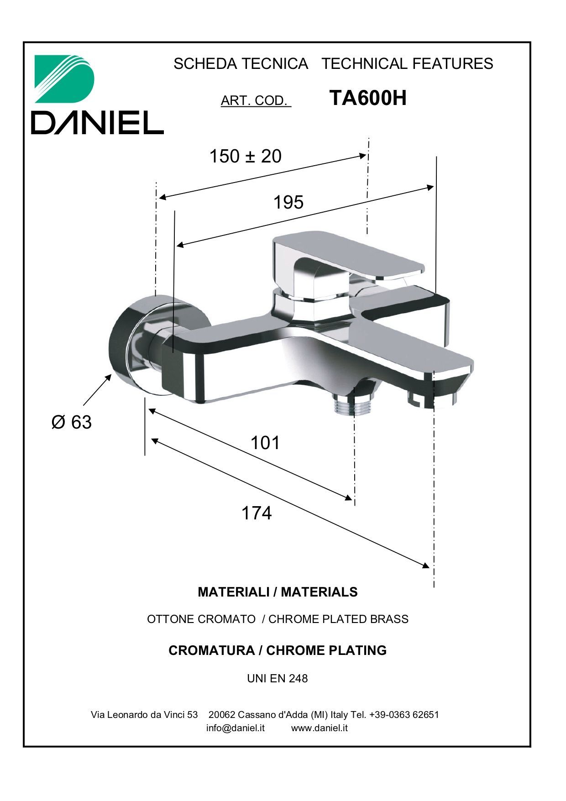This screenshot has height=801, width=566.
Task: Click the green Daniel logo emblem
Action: [x=64, y=79]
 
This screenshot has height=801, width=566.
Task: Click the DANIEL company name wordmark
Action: [x=97, y=122]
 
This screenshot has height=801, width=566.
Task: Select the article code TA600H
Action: [x=368, y=98]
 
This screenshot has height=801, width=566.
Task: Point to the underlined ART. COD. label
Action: [x=256, y=100]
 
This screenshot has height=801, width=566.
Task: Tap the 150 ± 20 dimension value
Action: [x=246, y=156]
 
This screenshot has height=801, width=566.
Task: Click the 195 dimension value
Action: [x=288, y=202]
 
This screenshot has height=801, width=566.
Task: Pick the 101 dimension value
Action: [x=265, y=443]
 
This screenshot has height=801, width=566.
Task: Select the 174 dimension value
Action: [x=257, y=513]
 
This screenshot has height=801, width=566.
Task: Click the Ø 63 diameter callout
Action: [x=72, y=422]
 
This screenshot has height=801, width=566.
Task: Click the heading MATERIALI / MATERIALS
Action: [x=278, y=592]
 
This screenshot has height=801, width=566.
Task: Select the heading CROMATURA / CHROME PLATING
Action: [x=278, y=650]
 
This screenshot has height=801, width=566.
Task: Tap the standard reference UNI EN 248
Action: [x=278, y=679]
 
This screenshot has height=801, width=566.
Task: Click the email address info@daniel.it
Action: [x=236, y=728]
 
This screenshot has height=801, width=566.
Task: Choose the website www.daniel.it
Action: [x=320, y=728]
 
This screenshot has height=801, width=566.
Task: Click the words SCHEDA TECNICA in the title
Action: [x=241, y=63]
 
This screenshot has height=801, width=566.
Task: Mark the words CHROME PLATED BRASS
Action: [x=338, y=619]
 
